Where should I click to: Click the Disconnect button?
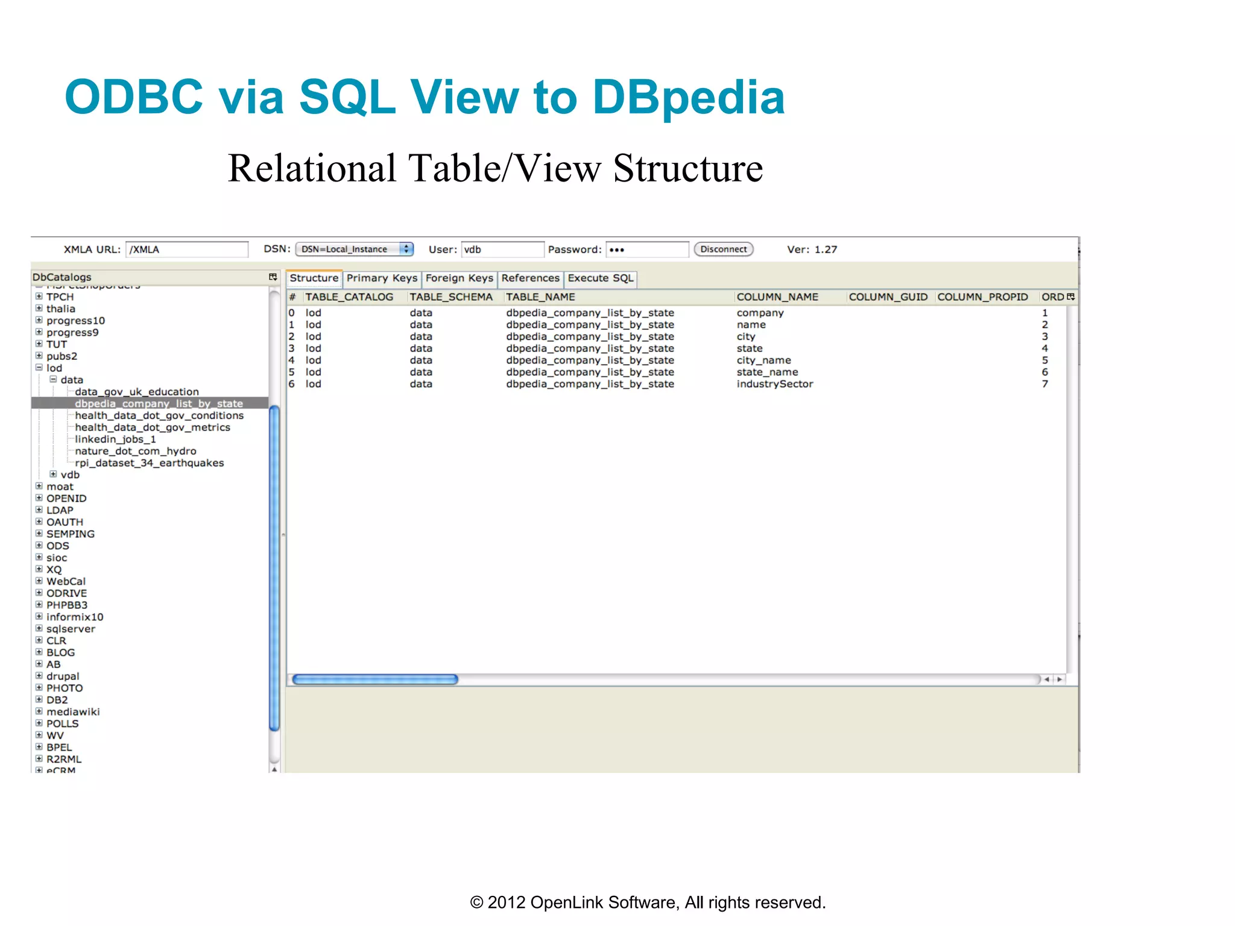pyautogui.click(x=723, y=249)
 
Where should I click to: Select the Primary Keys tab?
pyautogui.click(x=382, y=278)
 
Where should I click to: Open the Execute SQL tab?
pyautogui.click(x=600, y=278)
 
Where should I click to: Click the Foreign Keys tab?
pyautogui.click(x=459, y=278)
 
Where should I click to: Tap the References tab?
pyautogui.click(x=530, y=278)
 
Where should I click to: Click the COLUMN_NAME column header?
pyautogui.click(x=777, y=297)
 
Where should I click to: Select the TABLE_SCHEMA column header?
pyautogui.click(x=451, y=297)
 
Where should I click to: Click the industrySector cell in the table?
pyautogui.click(x=774, y=384)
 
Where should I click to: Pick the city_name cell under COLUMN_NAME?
pyautogui.click(x=763, y=360)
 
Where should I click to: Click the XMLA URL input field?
pyautogui.click(x=186, y=250)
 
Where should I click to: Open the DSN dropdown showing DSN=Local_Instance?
pyautogui.click(x=354, y=249)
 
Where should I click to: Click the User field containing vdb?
pyautogui.click(x=502, y=250)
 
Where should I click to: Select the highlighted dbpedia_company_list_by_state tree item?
pyautogui.click(x=159, y=403)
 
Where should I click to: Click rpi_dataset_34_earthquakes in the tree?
pyautogui.click(x=149, y=463)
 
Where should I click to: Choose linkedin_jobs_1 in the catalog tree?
pyautogui.click(x=115, y=439)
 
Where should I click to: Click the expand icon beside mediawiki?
pyautogui.click(x=39, y=711)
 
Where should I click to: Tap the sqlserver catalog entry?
pyautogui.click(x=71, y=629)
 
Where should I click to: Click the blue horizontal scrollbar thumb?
pyautogui.click(x=375, y=679)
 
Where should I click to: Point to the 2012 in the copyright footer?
pyautogui.click(x=506, y=902)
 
